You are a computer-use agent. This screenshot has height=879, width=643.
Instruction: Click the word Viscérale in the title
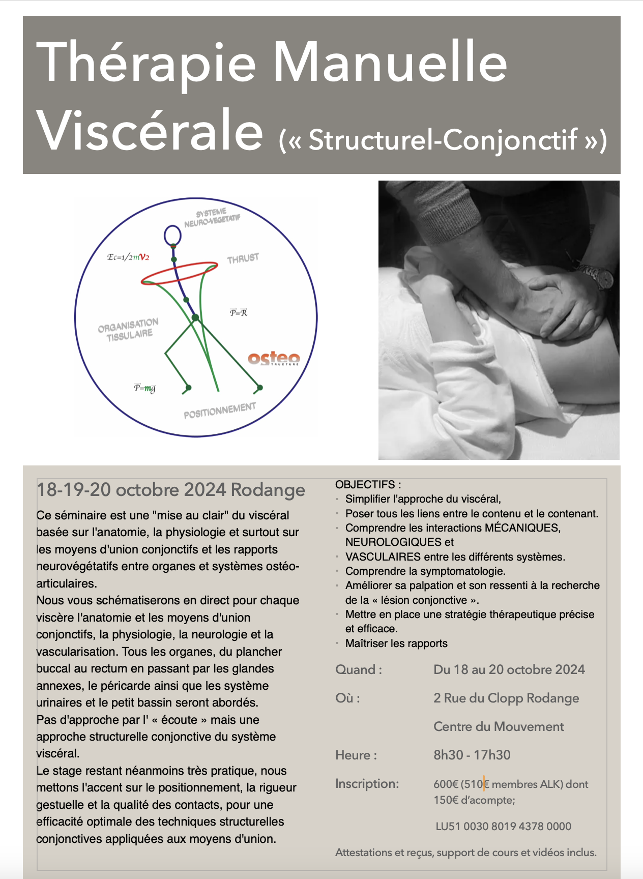click(150, 130)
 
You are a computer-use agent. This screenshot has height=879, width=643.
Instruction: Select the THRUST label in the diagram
click(243, 258)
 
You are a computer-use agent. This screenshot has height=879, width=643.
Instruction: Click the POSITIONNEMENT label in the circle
click(220, 411)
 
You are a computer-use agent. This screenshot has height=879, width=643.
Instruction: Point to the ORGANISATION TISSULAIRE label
click(129, 329)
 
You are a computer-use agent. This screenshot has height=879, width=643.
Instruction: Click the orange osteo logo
click(274, 359)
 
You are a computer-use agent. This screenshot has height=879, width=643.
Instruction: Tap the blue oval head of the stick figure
click(173, 236)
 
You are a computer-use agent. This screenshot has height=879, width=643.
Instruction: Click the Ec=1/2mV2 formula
click(128, 257)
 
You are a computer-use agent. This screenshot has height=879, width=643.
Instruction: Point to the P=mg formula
click(144, 388)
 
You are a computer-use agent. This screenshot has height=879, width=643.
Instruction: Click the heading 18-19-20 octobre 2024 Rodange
click(171, 490)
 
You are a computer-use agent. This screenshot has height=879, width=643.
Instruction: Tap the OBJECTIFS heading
click(368, 484)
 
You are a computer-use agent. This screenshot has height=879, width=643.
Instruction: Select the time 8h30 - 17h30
click(472, 755)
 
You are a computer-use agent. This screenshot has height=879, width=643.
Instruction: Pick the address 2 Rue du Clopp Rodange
click(506, 698)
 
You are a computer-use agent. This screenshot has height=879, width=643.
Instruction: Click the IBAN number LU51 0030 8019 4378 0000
click(503, 827)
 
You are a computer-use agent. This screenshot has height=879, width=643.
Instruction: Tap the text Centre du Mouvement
click(499, 726)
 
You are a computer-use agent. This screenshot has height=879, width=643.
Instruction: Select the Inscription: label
click(367, 784)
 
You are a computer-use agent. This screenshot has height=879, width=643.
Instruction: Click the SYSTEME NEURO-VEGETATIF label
click(212, 218)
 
